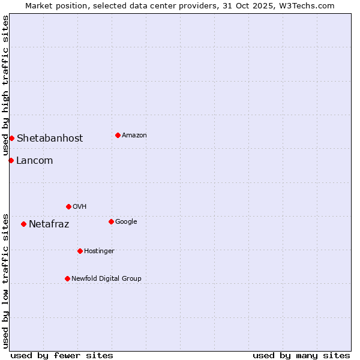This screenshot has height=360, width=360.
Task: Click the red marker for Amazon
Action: [118, 135]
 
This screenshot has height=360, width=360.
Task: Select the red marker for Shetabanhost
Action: [11, 138]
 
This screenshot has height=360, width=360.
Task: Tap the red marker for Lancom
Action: [11, 160]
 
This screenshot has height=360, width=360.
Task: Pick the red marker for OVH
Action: [68, 206]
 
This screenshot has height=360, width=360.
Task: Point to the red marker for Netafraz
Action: [23, 224]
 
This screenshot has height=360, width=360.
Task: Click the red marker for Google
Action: [111, 221]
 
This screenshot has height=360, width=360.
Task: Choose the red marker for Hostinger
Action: [80, 251]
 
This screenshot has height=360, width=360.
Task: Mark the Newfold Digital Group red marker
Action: [67, 278]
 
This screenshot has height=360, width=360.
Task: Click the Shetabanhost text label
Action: [50, 138]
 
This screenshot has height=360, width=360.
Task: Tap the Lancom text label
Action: [34, 160]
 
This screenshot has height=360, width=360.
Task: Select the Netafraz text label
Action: [49, 224]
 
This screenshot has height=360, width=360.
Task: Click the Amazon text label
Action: [134, 135]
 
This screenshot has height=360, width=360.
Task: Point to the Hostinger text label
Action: [99, 251]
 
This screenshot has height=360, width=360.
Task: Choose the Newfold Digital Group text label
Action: [106, 278]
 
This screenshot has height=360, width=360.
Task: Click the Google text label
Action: [126, 221]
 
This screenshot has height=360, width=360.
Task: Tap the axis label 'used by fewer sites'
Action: [62, 355]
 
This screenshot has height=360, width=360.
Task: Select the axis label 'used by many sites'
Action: [301, 355]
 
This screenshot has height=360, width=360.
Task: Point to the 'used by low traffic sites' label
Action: [5, 281]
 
